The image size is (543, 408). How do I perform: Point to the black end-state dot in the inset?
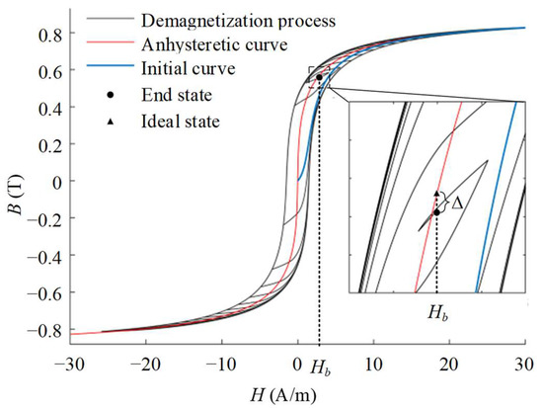point(436,211)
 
